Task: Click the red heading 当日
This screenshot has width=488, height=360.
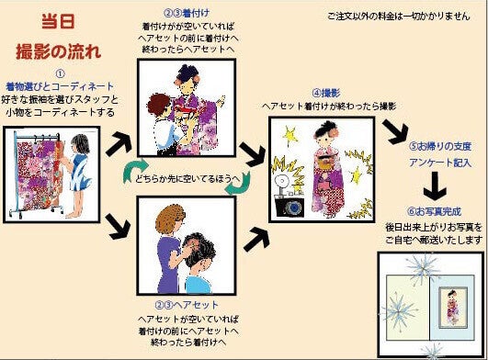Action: pos(58,21)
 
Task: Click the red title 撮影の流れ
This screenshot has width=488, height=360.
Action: pos(59,51)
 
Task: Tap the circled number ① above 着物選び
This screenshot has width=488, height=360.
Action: pos(60,74)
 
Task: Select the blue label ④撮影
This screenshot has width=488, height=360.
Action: pos(326,93)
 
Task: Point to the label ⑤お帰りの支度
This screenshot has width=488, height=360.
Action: pos(440,146)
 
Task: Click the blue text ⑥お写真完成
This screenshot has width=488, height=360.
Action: pos(434,212)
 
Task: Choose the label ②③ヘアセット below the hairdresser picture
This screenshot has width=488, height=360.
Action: pos(187,305)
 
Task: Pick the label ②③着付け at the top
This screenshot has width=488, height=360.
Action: pos(187,13)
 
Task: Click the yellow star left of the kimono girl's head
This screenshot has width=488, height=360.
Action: pos(289,135)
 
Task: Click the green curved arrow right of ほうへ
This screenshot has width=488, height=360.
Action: pos(239,184)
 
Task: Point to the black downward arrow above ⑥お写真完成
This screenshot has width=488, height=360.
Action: pos(435,186)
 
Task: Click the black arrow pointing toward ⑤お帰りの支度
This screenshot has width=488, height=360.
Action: pos(396,131)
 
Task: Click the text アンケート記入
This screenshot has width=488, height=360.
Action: pos(440,163)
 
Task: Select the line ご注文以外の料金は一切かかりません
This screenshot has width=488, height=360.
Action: pos(399,17)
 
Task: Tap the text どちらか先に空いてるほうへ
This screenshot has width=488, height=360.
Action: pos(188,179)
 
